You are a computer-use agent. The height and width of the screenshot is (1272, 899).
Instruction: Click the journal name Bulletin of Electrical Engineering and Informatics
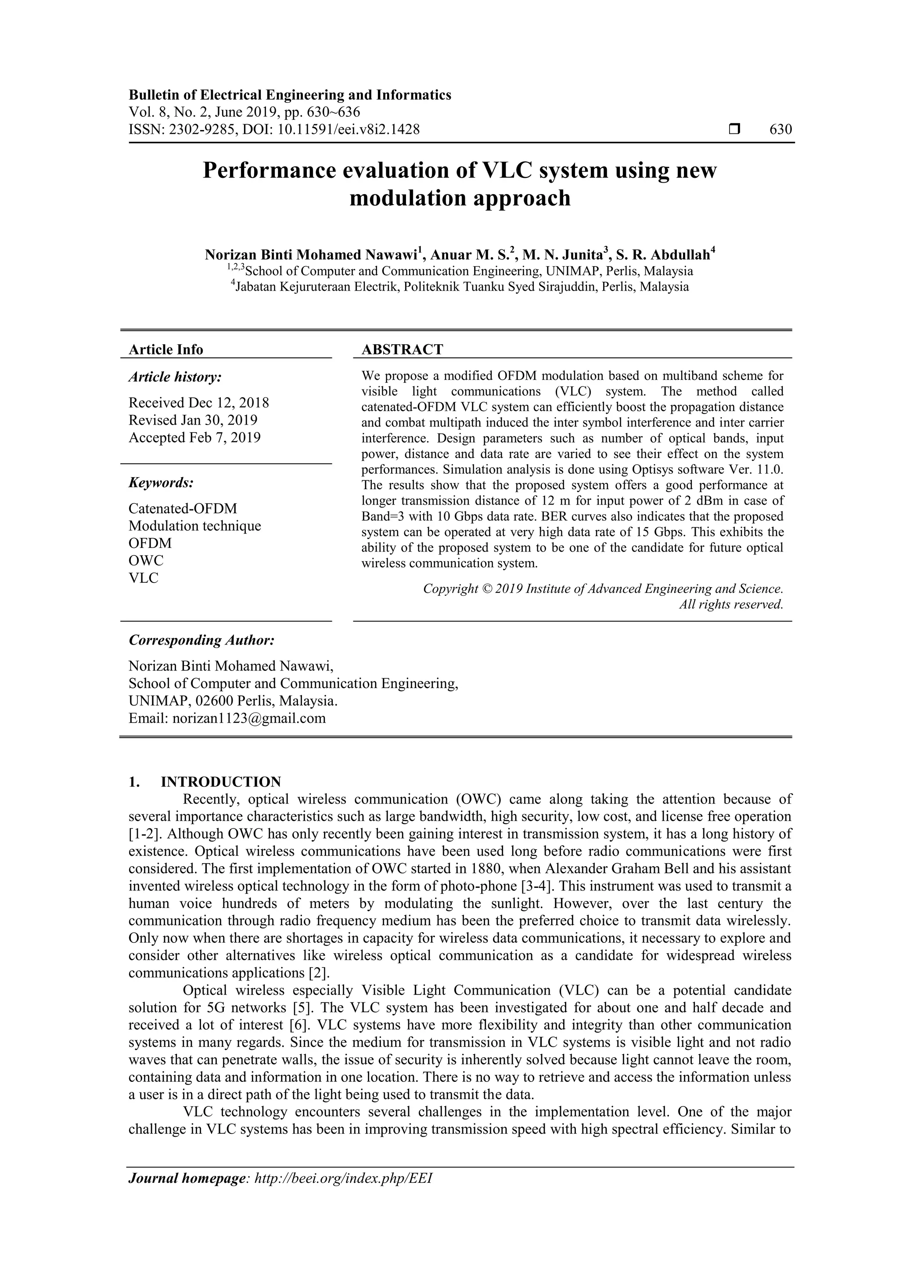[290, 95]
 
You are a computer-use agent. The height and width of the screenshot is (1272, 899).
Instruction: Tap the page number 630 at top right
[780, 130]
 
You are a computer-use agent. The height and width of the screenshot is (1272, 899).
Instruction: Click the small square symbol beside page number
[734, 130]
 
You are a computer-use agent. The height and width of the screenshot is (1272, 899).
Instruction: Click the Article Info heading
[165, 350]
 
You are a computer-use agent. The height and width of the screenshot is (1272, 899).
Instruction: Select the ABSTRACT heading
[402, 350]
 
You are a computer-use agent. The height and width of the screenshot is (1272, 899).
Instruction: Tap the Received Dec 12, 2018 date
[199, 403]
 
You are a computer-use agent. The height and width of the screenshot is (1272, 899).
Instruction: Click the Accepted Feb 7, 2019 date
[194, 438]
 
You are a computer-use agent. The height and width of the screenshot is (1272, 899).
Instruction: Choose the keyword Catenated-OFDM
[183, 508]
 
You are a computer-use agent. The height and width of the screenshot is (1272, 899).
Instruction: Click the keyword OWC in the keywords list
[146, 560]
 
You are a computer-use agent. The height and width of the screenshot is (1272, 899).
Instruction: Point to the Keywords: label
[161, 483]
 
